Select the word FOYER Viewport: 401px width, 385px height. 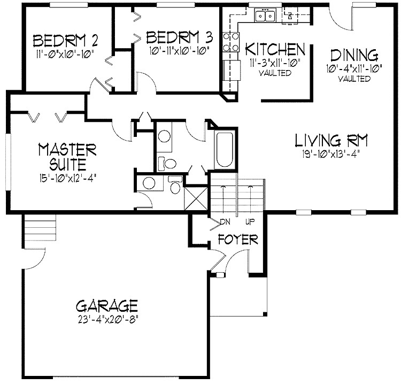238,240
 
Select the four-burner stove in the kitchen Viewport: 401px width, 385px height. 230,42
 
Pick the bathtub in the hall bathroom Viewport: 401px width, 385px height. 225,148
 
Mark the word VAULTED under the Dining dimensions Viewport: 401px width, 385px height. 354,79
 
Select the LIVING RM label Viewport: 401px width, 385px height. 331,141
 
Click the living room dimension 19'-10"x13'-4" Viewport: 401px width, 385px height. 331,153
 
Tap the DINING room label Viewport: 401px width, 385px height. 354,55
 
